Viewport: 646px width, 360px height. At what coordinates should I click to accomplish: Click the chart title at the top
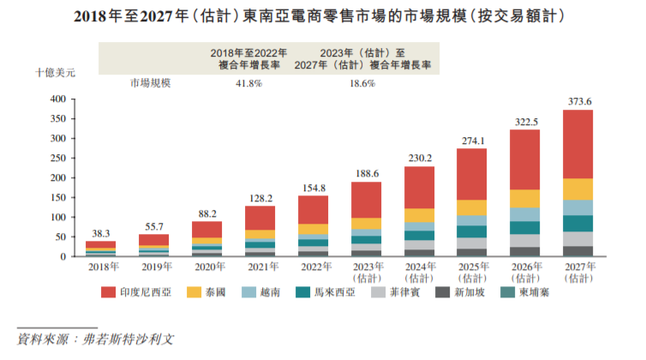[323, 16]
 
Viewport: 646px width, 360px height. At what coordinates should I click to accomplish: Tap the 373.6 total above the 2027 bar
[579, 102]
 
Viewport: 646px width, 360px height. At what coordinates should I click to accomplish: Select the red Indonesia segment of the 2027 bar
[579, 144]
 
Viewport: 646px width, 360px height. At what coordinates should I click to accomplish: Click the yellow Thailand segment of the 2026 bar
[526, 199]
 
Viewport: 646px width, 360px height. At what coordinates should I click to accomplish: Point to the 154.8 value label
[314, 188]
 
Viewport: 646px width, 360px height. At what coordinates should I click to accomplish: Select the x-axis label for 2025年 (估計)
[473, 273]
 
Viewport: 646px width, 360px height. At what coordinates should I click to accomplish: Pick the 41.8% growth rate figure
[248, 83]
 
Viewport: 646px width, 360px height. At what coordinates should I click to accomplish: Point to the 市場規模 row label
[152, 83]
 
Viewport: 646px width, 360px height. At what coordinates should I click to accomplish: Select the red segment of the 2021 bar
[260, 218]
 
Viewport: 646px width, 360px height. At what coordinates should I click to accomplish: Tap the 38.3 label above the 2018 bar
[100, 233]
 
